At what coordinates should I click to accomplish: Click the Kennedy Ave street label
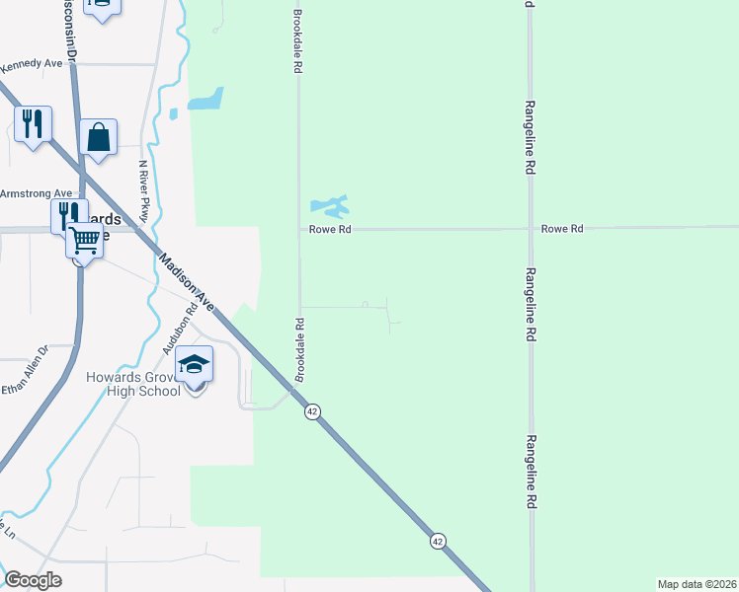[32, 64]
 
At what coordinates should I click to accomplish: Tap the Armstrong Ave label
[37, 193]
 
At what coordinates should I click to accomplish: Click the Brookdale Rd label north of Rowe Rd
[296, 42]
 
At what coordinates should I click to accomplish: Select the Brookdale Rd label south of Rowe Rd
[298, 349]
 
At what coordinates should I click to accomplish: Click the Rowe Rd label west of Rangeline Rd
[331, 229]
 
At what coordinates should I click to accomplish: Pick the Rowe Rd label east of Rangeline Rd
[562, 229]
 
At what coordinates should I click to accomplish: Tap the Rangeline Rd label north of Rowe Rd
[530, 137]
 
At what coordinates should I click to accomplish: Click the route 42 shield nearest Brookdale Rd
[312, 411]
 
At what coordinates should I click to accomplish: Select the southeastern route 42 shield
[438, 541]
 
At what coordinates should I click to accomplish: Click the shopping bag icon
[99, 137]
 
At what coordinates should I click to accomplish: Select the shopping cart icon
[85, 238]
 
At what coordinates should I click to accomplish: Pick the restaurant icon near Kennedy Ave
[34, 124]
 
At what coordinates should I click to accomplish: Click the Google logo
[33, 580]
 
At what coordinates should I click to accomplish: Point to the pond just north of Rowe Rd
[330, 206]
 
